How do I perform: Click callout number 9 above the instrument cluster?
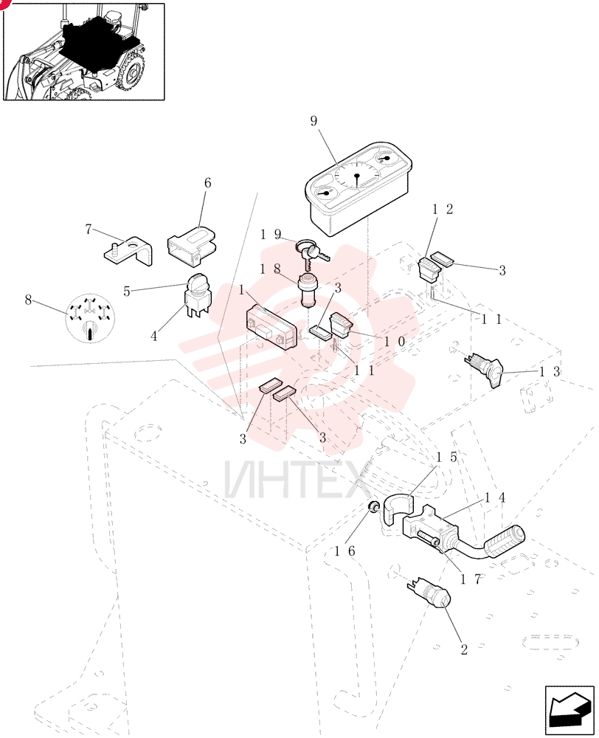pos(314,122)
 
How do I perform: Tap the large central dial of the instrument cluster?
pos(357,177)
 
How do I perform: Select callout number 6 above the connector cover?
pos(207,182)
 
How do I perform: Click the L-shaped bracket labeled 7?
pos(128,252)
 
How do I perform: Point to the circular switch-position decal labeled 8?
pos(89,318)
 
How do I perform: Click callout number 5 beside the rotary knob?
pos(127,292)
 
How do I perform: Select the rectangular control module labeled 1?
pos(271,327)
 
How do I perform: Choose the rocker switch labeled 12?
pos(429,269)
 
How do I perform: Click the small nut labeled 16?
pos(373,507)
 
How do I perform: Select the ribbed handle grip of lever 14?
pos(505,541)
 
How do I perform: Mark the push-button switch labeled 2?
pos(429,593)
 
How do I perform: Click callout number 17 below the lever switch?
pos(471,579)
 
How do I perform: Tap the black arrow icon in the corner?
pos(570,709)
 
